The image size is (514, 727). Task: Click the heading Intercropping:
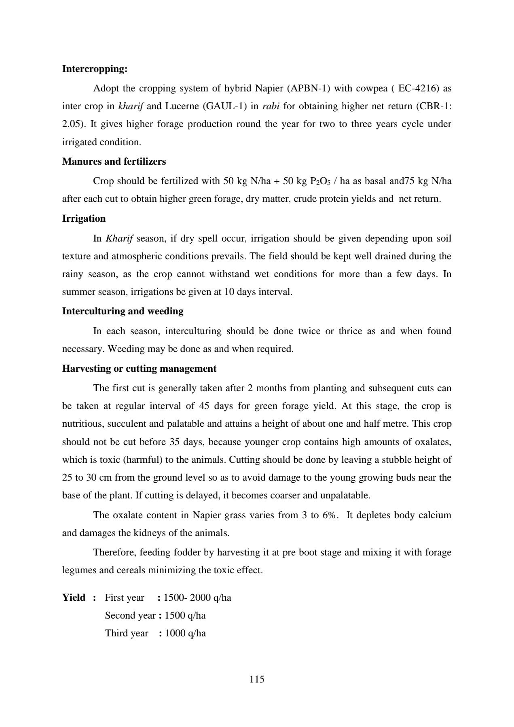pos(95,69)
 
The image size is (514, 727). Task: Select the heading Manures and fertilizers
pos(114,161)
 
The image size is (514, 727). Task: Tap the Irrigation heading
pos(84,218)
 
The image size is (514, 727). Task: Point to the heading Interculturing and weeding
pos(123,311)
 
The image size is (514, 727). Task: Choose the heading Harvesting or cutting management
pos(139,369)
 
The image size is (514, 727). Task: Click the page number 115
pos(257,679)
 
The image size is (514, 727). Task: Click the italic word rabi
pos(271,106)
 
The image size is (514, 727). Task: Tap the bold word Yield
pos(74,598)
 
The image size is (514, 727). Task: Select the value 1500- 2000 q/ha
pos(197,598)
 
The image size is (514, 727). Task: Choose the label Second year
pos(130,615)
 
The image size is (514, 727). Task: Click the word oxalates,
pos(433,442)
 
